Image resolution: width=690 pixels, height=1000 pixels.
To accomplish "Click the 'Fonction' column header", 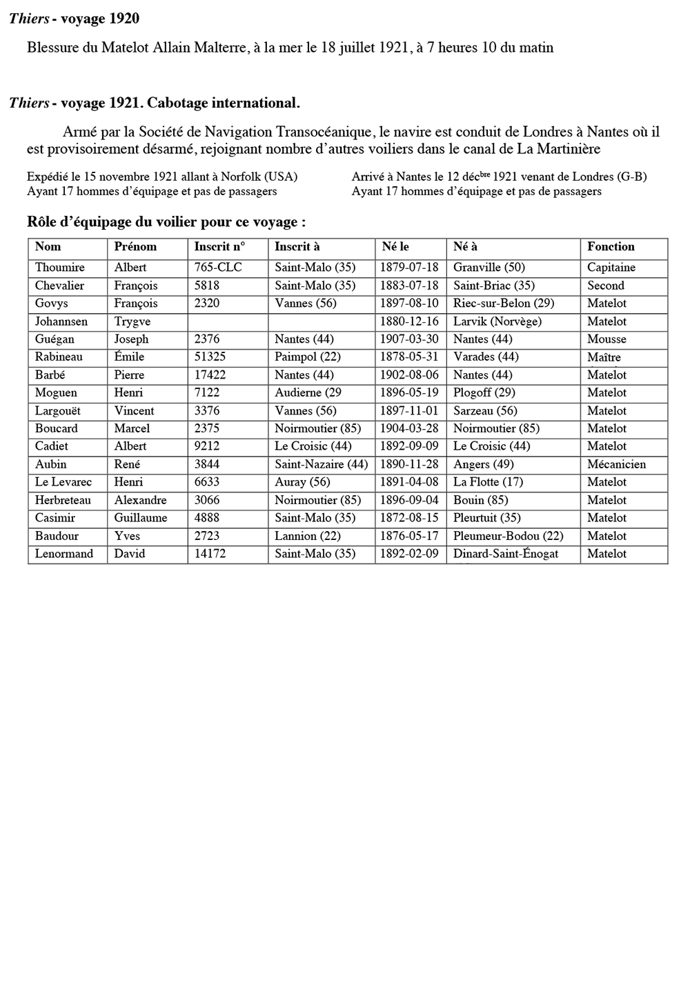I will (x=611, y=247).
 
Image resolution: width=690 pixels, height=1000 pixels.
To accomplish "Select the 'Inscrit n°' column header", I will (x=219, y=247).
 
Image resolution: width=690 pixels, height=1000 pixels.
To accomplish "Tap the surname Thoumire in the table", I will (x=60, y=268).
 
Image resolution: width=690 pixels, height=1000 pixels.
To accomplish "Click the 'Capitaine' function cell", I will (x=611, y=268).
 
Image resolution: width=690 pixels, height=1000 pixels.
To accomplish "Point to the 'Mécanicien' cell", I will (x=616, y=464).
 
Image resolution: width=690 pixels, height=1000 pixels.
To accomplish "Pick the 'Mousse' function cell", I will (x=607, y=339).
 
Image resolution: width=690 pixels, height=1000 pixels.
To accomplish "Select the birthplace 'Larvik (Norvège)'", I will (x=497, y=321).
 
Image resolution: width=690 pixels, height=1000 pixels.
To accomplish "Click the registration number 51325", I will (x=210, y=357).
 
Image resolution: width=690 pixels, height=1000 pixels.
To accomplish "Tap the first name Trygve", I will (x=132, y=321).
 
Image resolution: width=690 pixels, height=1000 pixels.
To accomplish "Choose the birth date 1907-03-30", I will (x=409, y=339).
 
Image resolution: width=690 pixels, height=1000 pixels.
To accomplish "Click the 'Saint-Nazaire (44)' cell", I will (x=321, y=464).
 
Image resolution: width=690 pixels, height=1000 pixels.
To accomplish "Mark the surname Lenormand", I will (x=64, y=554).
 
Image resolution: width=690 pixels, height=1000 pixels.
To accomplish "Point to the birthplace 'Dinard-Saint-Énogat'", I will (x=506, y=554).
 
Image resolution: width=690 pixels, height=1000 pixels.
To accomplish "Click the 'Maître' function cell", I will (x=604, y=357).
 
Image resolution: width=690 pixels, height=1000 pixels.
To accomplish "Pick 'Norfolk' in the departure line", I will (x=241, y=177).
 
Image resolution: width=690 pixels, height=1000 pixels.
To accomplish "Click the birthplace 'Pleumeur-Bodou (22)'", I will (x=508, y=536).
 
